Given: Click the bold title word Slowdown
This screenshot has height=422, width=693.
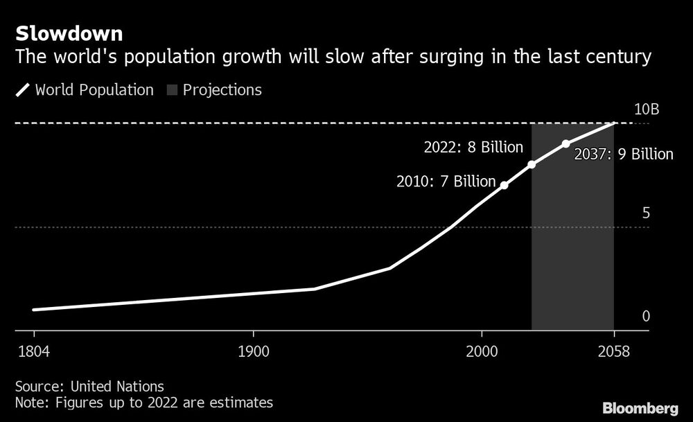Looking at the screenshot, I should click(69, 33).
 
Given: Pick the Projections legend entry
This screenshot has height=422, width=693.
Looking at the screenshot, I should click(222, 90).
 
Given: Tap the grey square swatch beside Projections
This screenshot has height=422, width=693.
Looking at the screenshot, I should click(170, 90).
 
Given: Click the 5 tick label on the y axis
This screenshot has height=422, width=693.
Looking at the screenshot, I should click(646, 213).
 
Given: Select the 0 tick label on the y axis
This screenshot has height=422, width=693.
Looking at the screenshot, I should click(646, 317).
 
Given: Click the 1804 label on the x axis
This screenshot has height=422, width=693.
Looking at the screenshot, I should click(33, 351).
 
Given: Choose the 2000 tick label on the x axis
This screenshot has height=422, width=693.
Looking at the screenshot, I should click(481, 351).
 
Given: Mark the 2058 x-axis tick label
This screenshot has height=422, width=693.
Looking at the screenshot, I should click(613, 351).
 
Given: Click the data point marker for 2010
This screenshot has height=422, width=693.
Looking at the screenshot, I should click(504, 186).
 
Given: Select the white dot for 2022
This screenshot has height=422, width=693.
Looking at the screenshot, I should click(532, 164).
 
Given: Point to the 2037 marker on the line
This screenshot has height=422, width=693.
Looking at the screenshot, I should click(565, 143).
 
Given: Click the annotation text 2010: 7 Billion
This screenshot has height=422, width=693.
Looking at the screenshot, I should click(446, 182).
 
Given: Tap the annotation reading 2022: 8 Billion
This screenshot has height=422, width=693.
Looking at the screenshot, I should click(473, 148).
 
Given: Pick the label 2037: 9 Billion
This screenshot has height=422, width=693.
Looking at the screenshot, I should click(624, 155).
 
